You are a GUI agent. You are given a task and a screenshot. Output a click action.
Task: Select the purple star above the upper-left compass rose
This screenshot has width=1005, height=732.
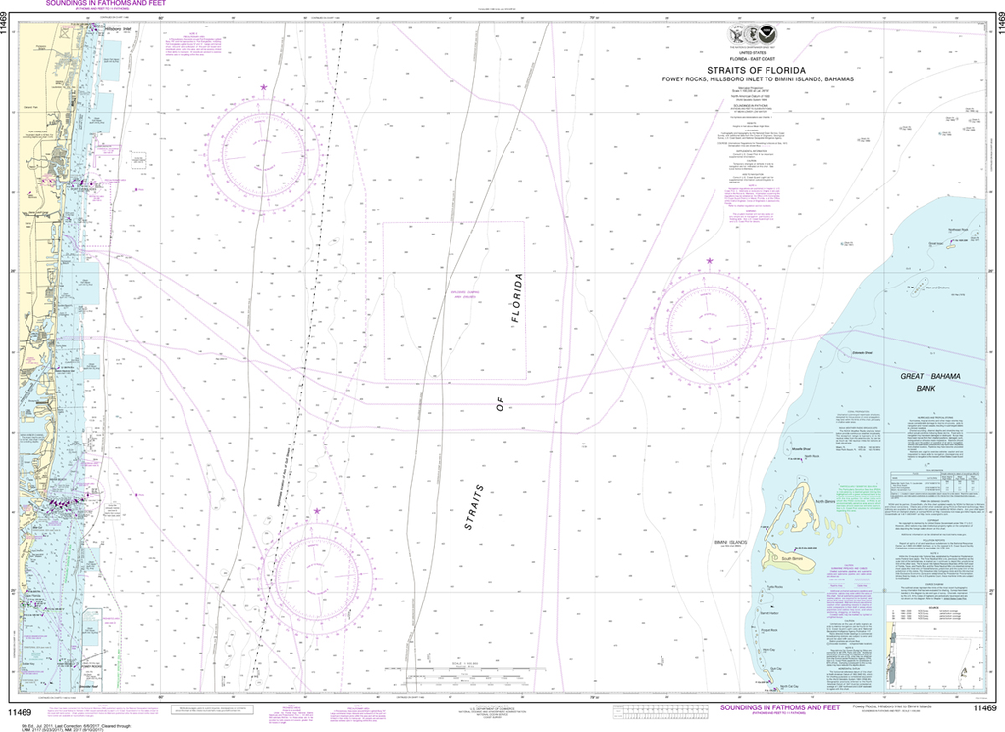tap(263, 89)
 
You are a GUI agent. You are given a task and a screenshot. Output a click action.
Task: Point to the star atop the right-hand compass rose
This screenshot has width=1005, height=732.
tap(710, 261)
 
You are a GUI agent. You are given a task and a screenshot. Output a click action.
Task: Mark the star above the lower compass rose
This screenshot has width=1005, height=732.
tap(317, 511)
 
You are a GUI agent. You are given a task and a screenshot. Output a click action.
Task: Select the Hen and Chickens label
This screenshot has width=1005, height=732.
tap(936, 288)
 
